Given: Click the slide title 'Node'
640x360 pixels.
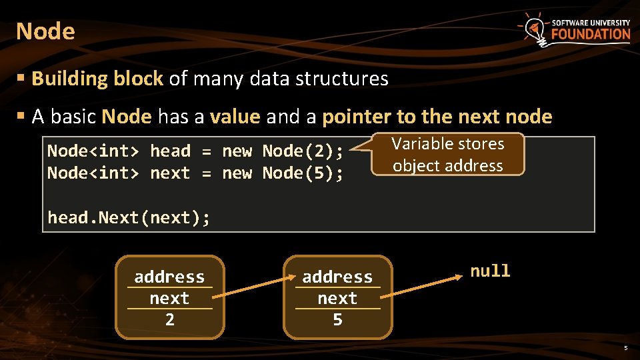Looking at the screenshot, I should click(45, 31).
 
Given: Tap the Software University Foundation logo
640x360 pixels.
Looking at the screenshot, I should click(575, 29).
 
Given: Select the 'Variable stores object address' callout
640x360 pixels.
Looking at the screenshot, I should click(447, 154).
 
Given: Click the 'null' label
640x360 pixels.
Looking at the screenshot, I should click(490, 271).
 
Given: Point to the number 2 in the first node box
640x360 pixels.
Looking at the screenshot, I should click(169, 320).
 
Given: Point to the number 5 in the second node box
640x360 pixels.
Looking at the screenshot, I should click(337, 320).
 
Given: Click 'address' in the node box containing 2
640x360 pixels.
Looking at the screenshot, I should click(169, 277).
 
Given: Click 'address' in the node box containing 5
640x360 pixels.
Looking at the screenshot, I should click(337, 277).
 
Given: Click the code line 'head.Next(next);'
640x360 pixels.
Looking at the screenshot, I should click(129, 218).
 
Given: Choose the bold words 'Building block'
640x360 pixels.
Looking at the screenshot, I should click(97, 79).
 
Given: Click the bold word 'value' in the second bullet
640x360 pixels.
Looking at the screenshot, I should click(235, 117).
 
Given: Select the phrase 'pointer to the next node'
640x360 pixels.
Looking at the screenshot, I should click(437, 117).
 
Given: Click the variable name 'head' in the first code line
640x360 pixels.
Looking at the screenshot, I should click(170, 151).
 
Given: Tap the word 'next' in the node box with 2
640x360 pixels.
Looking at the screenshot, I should click(169, 298).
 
